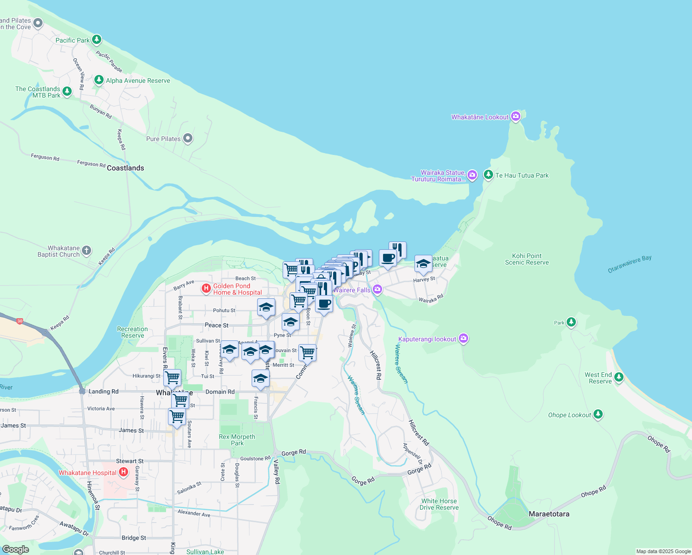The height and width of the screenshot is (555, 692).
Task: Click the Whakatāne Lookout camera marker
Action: (516, 117)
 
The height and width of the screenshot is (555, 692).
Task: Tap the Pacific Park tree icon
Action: (97, 40)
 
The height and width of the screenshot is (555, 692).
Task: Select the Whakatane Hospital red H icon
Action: (124, 472)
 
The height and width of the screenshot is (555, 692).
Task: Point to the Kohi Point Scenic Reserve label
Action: (527, 259)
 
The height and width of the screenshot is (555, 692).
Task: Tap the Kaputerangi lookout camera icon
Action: (463, 339)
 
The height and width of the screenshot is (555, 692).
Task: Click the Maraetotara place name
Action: (549, 514)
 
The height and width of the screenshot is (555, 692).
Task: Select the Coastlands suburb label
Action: (125, 168)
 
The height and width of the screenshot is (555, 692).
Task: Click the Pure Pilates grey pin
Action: (188, 138)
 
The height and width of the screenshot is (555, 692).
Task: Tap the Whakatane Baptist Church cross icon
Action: (86, 251)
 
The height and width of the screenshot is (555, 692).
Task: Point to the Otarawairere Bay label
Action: (630, 264)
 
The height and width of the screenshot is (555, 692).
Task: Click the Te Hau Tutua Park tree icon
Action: (488, 175)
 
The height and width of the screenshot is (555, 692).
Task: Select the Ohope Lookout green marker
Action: (598, 414)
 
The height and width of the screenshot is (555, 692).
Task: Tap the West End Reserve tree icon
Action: (619, 377)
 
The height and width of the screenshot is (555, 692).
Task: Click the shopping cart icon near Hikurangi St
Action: (172, 377)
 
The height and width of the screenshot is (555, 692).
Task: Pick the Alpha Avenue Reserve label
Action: (138, 80)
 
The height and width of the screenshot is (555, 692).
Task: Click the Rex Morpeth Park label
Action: (237, 440)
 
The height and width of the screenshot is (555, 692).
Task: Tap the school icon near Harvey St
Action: (423, 264)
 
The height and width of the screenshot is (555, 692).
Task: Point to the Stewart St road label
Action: (130, 461)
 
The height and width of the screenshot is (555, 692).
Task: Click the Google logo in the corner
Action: (16, 549)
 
